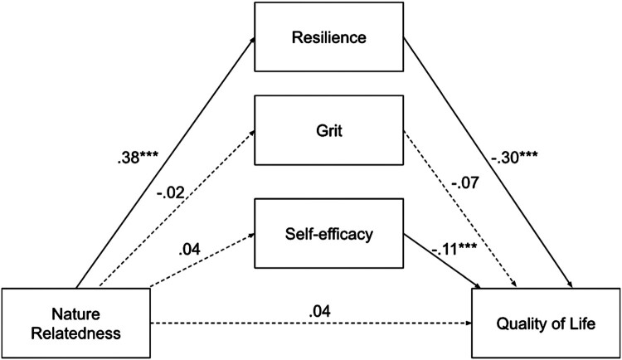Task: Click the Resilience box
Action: [x=330, y=38]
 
